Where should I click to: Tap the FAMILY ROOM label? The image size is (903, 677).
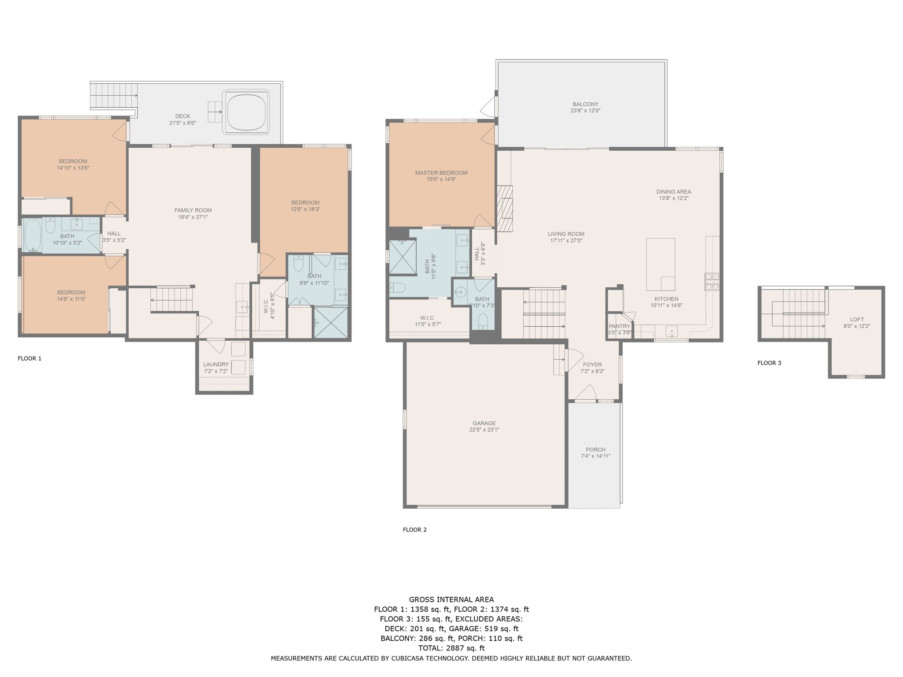(193, 210)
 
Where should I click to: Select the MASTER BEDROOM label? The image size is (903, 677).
(441, 173)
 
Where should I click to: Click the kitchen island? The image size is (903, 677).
(660, 264)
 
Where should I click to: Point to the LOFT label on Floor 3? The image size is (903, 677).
(857, 320)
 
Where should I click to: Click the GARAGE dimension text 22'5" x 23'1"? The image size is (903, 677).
(484, 430)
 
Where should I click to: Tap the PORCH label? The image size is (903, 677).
(596, 450)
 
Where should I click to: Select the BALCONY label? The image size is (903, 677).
(585, 104)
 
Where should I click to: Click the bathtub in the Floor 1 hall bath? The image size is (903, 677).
(32, 236)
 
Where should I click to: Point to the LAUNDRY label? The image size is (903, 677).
(216, 365)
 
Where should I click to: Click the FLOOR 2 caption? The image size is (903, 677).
(414, 530)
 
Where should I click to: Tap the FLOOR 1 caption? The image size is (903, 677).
(30, 358)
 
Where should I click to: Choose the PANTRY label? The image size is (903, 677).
(619, 327)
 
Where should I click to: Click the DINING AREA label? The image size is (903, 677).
(673, 192)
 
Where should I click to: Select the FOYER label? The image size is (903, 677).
(592, 365)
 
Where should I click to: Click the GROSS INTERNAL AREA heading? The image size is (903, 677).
(451, 599)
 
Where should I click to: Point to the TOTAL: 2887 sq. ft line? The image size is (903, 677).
(451, 648)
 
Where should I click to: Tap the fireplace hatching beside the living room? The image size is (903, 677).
(505, 208)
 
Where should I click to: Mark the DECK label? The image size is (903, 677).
(183, 116)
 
